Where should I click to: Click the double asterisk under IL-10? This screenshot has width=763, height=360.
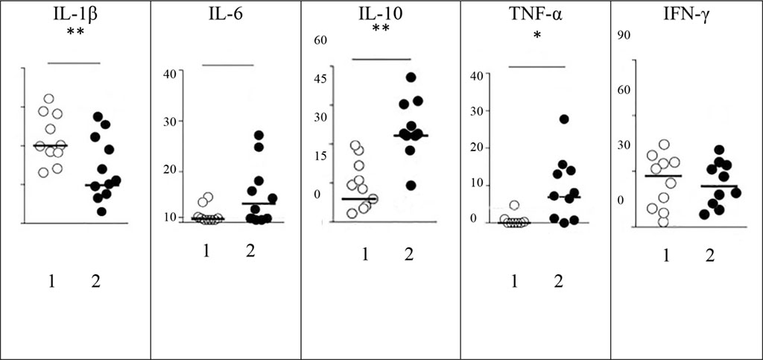[380, 33]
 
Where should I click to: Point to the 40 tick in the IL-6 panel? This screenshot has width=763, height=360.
[171, 73]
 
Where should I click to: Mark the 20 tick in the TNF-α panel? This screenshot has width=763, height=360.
[476, 148]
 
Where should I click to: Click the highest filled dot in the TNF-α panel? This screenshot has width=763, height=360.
[564, 119]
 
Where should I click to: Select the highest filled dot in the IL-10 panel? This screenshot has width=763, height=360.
[411, 78]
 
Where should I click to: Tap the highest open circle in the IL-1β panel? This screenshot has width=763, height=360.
[49, 98]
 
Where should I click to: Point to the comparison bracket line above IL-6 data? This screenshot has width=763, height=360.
[227, 65]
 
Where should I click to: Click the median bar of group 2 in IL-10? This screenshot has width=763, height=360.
[411, 136]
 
